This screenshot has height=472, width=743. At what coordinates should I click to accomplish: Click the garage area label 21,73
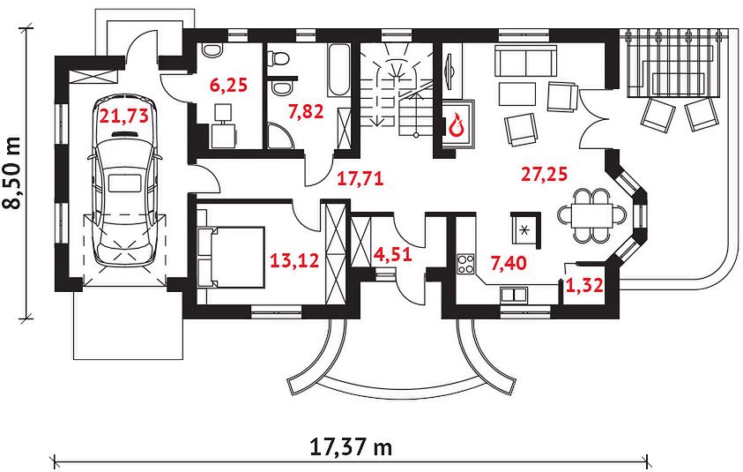pyautogui.click(x=123, y=116)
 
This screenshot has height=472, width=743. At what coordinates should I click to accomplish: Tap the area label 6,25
pyautogui.click(x=228, y=86)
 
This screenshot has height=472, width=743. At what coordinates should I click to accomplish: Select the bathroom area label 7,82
pyautogui.click(x=306, y=111)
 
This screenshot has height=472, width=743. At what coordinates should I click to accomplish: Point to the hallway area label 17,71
pyautogui.click(x=360, y=178)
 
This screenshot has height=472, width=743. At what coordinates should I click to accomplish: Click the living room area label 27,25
pyautogui.click(x=544, y=174)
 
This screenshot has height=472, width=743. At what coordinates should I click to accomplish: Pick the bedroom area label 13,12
pyautogui.click(x=294, y=260)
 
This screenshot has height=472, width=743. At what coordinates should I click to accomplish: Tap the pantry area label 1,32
pyautogui.click(x=584, y=285)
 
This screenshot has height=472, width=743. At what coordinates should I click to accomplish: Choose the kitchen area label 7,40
pyautogui.click(x=509, y=262)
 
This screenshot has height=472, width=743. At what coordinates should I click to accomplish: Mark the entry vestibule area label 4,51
pyautogui.click(x=392, y=255)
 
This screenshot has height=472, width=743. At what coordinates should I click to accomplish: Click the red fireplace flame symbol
pyautogui.click(x=457, y=124)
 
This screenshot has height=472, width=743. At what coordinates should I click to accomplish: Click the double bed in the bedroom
pyautogui.click(x=231, y=257)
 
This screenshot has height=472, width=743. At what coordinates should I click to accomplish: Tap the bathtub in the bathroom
pyautogui.click(x=338, y=71)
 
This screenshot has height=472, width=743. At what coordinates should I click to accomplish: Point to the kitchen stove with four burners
pyautogui.click(x=465, y=265)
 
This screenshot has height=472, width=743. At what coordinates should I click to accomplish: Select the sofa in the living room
pyautogui.click(x=525, y=61)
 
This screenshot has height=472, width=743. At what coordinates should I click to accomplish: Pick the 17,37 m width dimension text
pyautogui.click(x=351, y=447)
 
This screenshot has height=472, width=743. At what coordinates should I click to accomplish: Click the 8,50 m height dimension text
pyautogui.click(x=11, y=173)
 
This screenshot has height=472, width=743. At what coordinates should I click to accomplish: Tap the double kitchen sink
pyautogui.click(x=514, y=295)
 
